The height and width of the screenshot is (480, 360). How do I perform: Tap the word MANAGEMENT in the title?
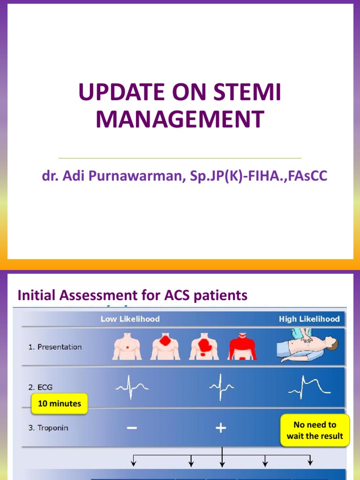180,119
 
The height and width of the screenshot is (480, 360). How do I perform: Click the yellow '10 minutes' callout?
60,404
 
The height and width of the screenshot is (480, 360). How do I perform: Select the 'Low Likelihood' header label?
130,319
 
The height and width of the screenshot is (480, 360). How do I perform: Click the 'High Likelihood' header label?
309,319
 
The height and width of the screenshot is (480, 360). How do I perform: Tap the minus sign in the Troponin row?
132,428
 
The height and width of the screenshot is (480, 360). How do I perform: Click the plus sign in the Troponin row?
221,428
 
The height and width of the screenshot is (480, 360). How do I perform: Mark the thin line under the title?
180,158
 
